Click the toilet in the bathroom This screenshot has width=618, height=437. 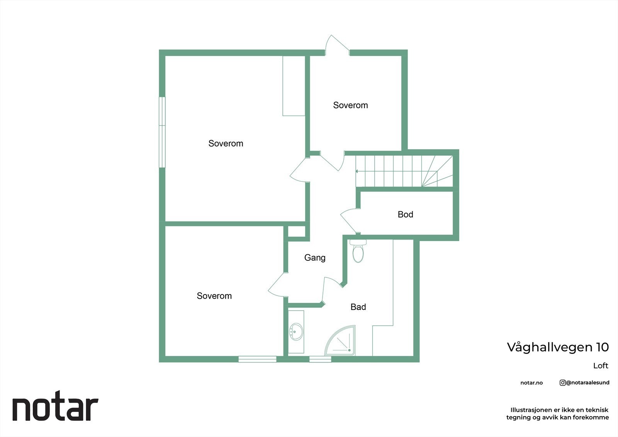(358, 252)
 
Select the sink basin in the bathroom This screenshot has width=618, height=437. (296, 332)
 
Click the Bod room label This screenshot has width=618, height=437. (405, 214)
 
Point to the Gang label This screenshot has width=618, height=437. (315, 258)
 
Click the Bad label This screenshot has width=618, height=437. (358, 307)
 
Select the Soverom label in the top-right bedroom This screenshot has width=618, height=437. (350, 105)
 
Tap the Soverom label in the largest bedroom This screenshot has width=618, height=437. (226, 143)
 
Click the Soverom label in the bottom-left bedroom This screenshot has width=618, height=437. (214, 296)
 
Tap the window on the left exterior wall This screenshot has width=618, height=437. (162, 132)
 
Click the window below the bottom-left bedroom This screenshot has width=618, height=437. (257, 359)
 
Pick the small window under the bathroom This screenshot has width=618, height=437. (320, 359)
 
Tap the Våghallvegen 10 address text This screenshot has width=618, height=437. (557, 347)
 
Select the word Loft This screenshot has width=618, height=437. (601, 366)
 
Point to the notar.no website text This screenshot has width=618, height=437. (531, 383)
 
